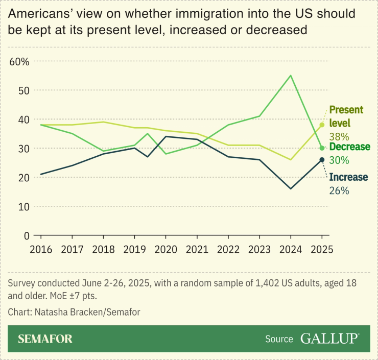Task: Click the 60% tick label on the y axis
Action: (20, 61)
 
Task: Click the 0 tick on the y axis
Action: (26, 235)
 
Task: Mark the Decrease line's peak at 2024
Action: (291, 76)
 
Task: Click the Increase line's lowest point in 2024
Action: (291, 189)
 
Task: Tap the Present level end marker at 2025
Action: (322, 125)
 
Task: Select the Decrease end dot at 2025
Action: (322, 148)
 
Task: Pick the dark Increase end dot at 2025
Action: (322, 160)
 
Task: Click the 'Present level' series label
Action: (346, 116)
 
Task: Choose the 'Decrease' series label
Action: (349, 147)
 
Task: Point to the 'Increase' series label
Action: (348, 177)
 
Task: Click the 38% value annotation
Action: (339, 137)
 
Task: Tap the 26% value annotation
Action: (339, 190)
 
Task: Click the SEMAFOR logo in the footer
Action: (45, 339)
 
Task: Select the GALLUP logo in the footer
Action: (329, 338)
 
